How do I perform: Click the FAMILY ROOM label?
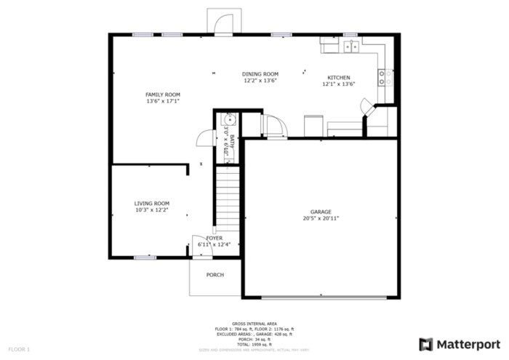click(x=162, y=95)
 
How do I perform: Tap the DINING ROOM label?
click(x=260, y=74)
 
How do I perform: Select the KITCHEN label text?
click(x=338, y=78)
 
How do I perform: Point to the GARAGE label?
click(x=321, y=212)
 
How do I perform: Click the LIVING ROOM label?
click(x=151, y=204)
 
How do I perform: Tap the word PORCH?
click(x=215, y=275)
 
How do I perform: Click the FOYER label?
click(x=214, y=238)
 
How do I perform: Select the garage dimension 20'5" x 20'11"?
click(x=321, y=218)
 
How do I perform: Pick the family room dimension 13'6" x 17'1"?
click(x=162, y=101)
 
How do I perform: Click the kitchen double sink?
click(x=350, y=47)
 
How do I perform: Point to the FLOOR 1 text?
click(x=19, y=350)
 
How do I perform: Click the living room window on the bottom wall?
click(x=145, y=257)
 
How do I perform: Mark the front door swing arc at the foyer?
click(x=197, y=246)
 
